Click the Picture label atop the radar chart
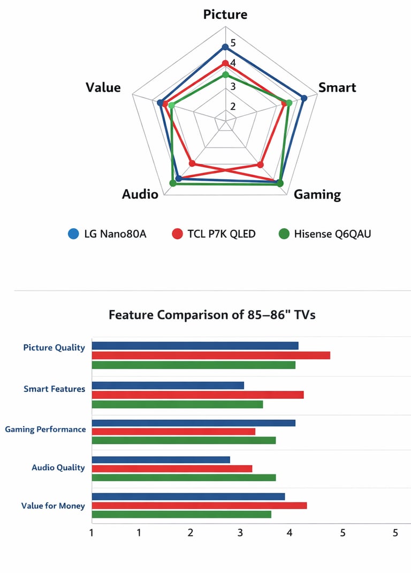pyautogui.click(x=225, y=14)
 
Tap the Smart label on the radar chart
pyautogui.click(x=337, y=87)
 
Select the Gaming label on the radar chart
pyautogui.click(x=317, y=194)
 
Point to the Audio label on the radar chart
pyautogui.click(x=140, y=194)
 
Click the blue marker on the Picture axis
pyautogui.click(x=225, y=47)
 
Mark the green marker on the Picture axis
pyautogui.click(x=225, y=75)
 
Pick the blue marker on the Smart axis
pyautogui.click(x=304, y=98)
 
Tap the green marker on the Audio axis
pyautogui.click(x=173, y=183)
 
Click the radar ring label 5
pyautogui.click(x=233, y=43)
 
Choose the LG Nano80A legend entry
pyautogui.click(x=107, y=234)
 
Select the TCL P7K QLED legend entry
pyautogui.click(x=214, y=234)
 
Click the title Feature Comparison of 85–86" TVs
pyautogui.click(x=212, y=315)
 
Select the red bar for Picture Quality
pyautogui.click(x=211, y=355)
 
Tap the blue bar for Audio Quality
pyautogui.click(x=161, y=459)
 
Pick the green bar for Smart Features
pyautogui.click(x=177, y=404)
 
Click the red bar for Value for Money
pyautogui.click(x=199, y=505)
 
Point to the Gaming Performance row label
pyautogui.click(x=45, y=429)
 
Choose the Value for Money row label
pyautogui.click(x=53, y=505)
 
